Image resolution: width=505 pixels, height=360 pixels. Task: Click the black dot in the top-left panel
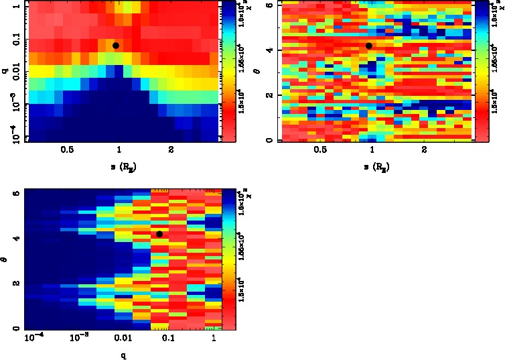click(x=116, y=46)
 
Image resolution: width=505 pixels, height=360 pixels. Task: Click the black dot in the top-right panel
click(x=368, y=46)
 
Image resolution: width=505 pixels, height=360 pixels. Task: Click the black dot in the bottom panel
click(x=159, y=234)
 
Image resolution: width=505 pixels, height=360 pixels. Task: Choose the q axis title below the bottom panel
click(x=123, y=355)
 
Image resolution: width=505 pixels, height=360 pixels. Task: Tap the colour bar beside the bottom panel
click(x=228, y=258)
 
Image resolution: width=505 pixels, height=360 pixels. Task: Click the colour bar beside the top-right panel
click(x=480, y=70)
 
